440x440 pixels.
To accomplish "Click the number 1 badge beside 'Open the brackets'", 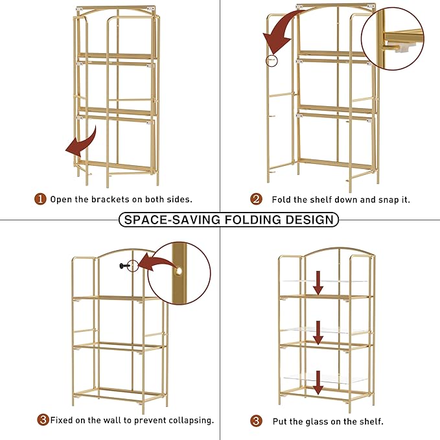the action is coord(40,199).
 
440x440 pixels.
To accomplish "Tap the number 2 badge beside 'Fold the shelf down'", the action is coord(256,199).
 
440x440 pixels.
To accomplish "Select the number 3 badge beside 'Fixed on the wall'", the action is coord(43,420).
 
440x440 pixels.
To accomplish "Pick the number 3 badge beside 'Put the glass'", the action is coord(256,421).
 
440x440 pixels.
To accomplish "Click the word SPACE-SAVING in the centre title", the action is coord(172,220).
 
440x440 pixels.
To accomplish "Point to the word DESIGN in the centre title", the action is coord(310,220).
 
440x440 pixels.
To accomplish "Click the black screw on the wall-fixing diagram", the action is coord(124,266).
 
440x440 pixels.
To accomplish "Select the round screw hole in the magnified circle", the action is coord(178,271).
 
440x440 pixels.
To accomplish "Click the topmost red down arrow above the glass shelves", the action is coord(318,283).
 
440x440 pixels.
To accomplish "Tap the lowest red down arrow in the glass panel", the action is coord(318,382).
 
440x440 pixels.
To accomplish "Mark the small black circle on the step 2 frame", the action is coord(272,61).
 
